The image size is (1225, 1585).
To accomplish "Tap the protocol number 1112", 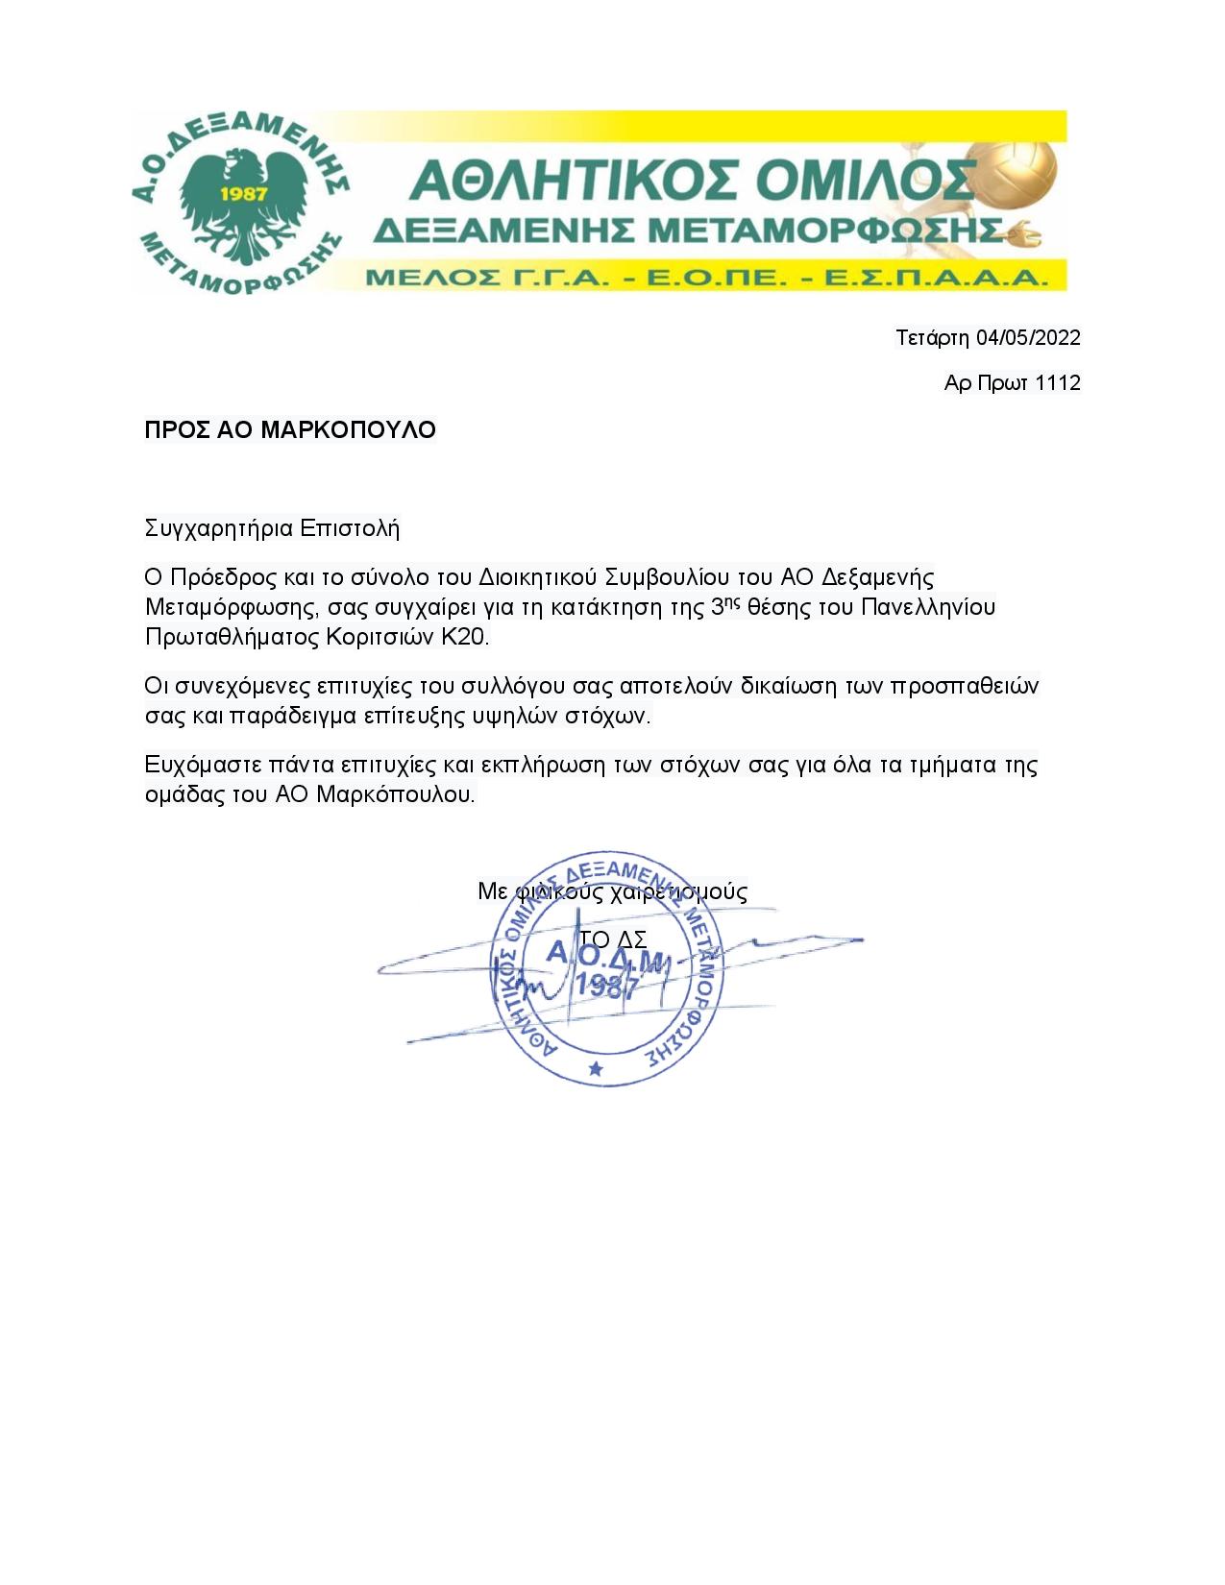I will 1058,383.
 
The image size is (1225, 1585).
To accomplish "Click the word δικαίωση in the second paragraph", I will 788,686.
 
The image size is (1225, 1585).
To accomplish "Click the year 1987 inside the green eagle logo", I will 243,192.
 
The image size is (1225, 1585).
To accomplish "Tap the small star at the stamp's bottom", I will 596,1068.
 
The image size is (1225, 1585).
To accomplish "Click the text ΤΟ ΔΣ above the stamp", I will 612,939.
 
